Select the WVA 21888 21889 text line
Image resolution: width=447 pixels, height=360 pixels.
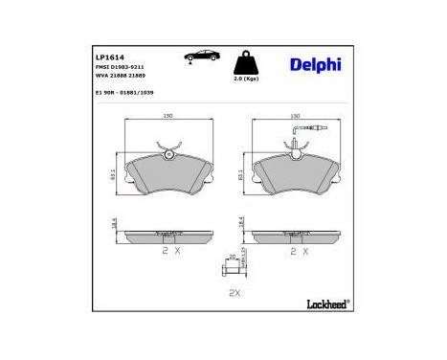(119, 78)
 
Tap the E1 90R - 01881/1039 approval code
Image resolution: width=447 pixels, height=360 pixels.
(124, 94)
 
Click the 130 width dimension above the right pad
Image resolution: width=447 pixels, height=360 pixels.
(294, 116)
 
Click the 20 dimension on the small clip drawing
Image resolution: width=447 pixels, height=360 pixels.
(231, 257)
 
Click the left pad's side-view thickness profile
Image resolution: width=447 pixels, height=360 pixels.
(168, 234)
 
